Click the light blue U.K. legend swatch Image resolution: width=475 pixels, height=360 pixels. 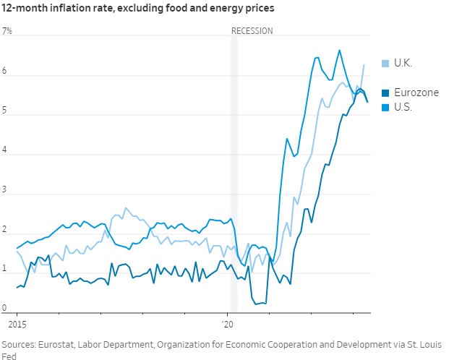point(386,63)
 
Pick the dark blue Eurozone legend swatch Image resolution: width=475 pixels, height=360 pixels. point(386,93)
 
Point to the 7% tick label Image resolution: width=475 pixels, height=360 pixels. point(7,32)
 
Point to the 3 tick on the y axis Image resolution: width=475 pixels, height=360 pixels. point(4,189)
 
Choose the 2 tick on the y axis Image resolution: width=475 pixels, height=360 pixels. point(4,228)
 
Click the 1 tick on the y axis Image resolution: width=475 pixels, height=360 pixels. point(4,267)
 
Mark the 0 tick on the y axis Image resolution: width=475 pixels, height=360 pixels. point(4,307)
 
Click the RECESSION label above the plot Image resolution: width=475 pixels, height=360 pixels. point(252,31)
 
